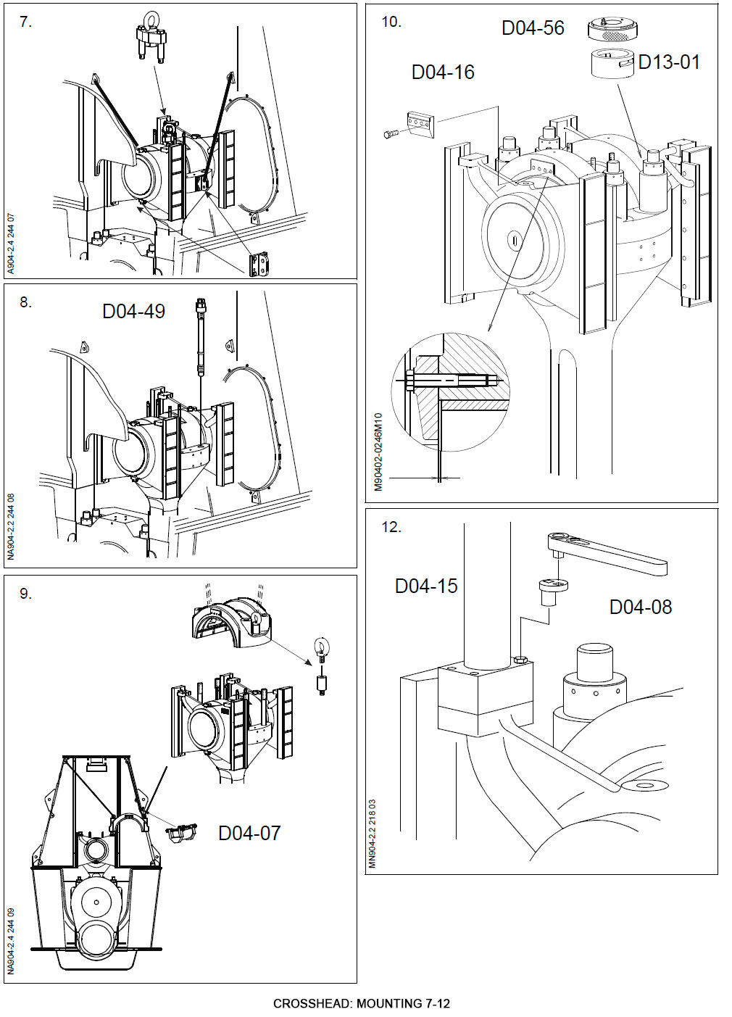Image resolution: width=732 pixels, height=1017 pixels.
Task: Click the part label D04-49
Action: tap(133, 312)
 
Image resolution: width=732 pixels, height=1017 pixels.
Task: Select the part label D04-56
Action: tap(533, 28)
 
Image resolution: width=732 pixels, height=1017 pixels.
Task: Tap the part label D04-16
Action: tap(443, 72)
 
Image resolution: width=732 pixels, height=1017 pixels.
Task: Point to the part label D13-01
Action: tap(669, 63)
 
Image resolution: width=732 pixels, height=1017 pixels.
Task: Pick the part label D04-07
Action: tap(249, 834)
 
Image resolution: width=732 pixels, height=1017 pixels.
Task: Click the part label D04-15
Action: tap(426, 586)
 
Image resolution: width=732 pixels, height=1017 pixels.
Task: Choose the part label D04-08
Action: tap(641, 607)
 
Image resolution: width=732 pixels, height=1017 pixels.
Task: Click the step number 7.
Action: tap(26, 22)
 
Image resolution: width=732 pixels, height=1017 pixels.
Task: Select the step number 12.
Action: tap(391, 528)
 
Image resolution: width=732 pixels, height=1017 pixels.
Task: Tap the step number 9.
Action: tap(26, 594)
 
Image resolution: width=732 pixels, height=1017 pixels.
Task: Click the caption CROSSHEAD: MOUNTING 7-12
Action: tap(362, 1004)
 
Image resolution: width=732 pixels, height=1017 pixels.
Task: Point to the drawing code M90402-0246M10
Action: tap(378, 452)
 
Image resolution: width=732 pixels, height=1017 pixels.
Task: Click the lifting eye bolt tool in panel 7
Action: tap(151, 36)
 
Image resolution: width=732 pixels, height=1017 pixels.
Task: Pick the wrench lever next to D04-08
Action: tap(606, 552)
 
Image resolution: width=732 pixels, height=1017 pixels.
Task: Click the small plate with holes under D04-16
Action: tap(421, 124)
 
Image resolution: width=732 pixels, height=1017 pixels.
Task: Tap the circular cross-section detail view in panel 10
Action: tap(450, 391)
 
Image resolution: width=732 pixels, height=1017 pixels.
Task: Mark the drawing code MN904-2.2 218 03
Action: tap(373, 834)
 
